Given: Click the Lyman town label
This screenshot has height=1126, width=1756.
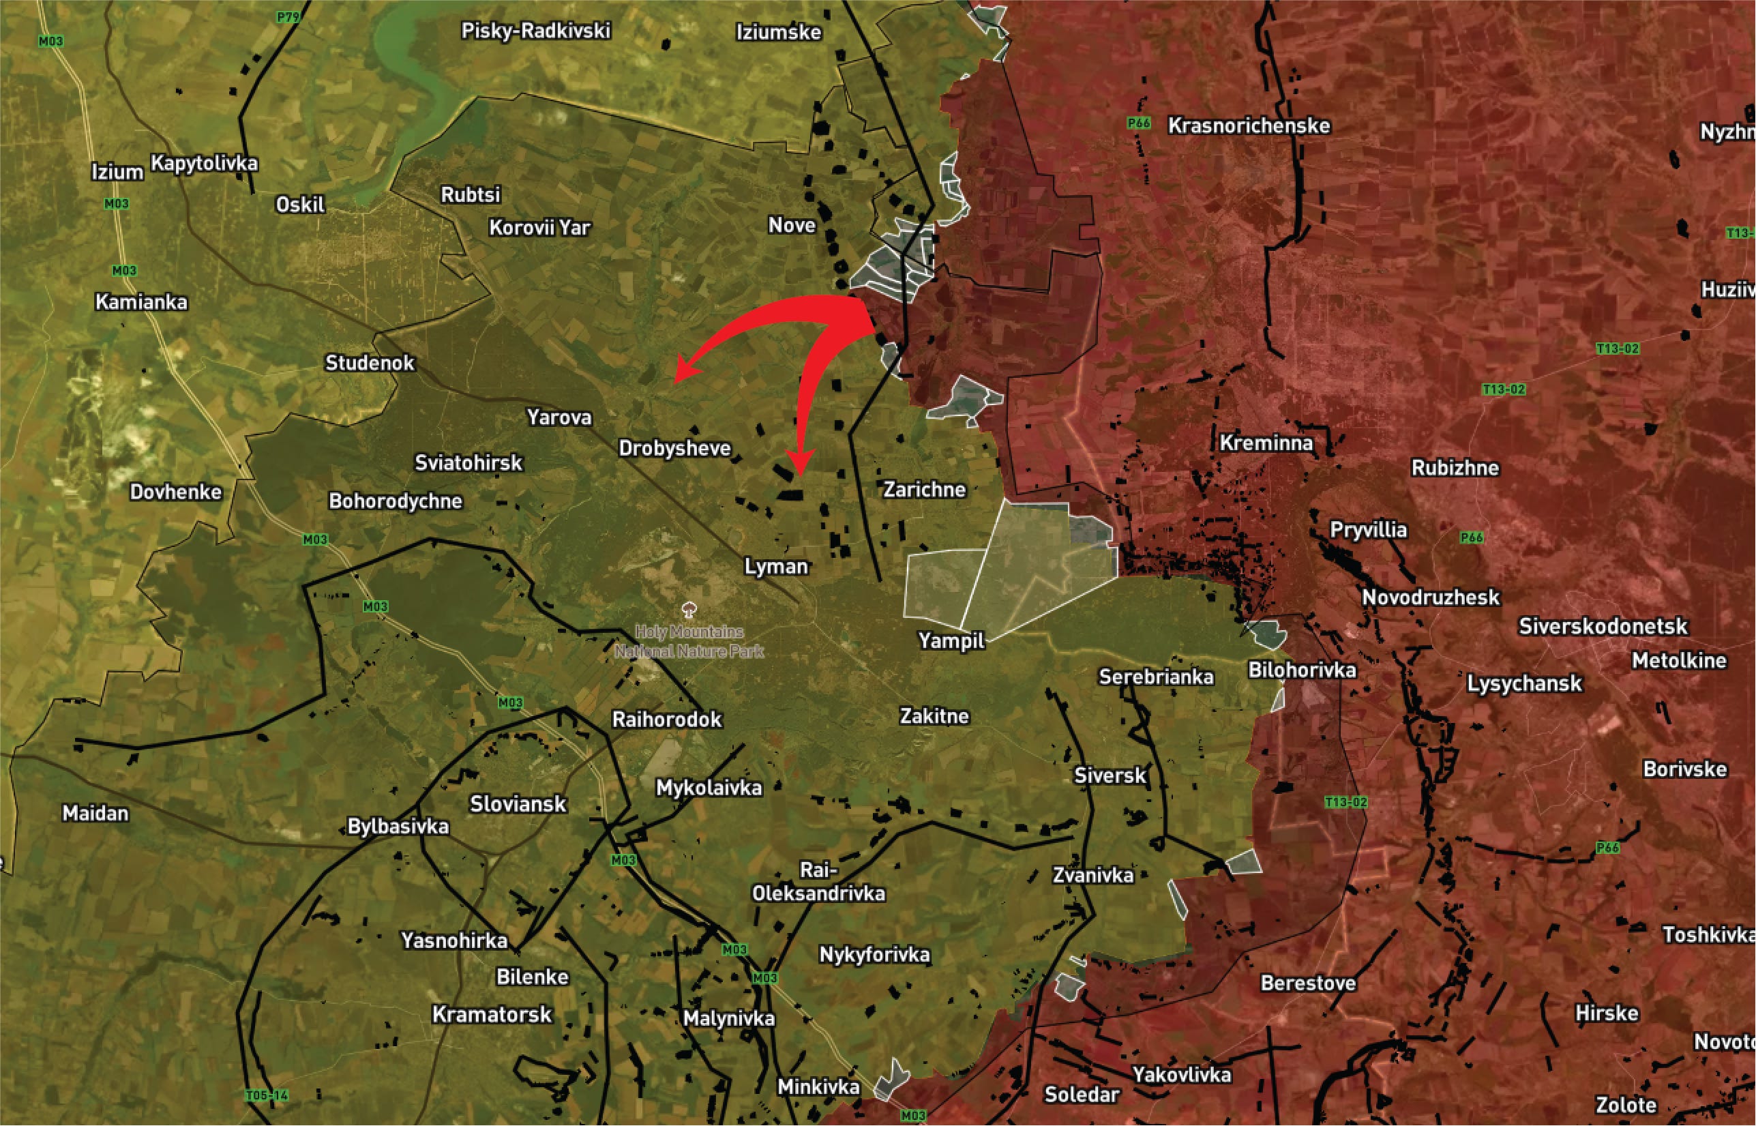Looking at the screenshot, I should (776, 567).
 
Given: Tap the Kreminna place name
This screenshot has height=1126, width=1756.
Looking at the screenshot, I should (1266, 443).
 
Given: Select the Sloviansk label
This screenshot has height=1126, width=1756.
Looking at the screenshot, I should (518, 804).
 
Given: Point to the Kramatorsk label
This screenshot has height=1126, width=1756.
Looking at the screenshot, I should (492, 1015).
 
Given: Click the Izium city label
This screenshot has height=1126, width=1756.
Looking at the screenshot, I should (117, 172).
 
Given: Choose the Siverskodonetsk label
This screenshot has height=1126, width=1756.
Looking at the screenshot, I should (1603, 627).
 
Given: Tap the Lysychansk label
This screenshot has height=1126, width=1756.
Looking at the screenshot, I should (1524, 683).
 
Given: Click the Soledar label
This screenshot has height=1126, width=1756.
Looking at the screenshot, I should (1082, 1095).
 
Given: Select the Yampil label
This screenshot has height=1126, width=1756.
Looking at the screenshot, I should (952, 641).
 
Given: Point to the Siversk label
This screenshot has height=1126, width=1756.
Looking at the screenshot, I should (1110, 775).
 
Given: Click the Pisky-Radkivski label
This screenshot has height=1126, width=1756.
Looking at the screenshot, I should (536, 31).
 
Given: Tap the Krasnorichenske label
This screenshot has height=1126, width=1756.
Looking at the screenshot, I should (1249, 125).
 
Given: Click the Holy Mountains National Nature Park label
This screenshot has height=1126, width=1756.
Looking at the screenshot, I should (689, 641).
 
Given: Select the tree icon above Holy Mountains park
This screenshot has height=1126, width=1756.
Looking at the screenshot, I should (688, 609).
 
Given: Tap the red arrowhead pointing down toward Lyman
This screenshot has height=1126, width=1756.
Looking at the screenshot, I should (800, 468).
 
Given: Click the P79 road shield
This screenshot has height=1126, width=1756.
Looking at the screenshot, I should (288, 16).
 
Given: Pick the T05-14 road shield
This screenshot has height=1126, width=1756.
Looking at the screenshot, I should (267, 1095).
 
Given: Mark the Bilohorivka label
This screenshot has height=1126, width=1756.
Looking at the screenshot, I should (1302, 670).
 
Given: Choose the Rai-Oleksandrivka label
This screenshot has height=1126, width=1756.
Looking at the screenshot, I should (818, 883).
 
